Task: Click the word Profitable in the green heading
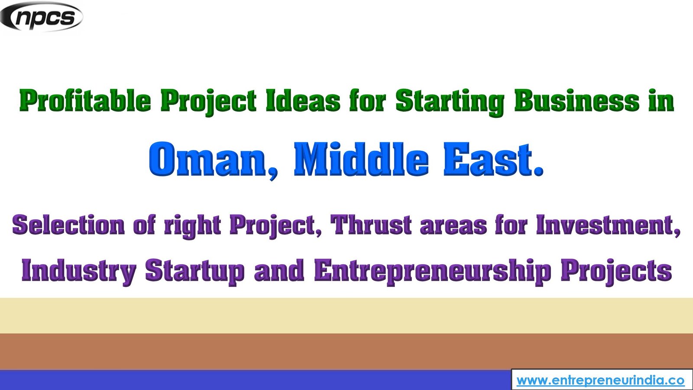(85, 101)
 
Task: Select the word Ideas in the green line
(303, 101)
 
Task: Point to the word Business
(576, 101)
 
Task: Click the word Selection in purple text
(68, 225)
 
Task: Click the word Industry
(78, 271)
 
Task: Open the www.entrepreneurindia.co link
(600, 380)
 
